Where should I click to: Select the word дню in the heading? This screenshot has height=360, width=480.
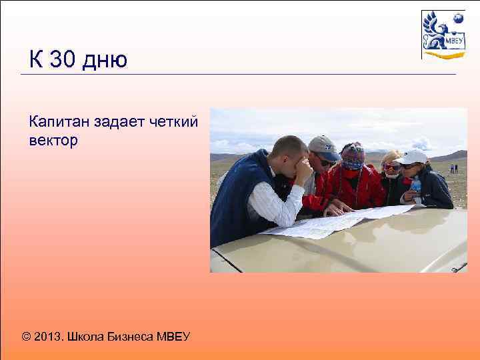click(105, 61)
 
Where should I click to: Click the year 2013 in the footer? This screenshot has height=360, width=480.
click(48, 337)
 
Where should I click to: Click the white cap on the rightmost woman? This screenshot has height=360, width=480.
click(413, 157)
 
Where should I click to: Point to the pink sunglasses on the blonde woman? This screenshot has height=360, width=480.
click(390, 167)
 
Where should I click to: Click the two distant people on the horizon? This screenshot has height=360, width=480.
click(453, 169)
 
